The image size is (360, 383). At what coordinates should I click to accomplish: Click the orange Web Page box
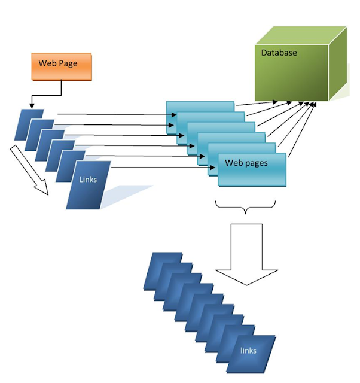click(x=61, y=67)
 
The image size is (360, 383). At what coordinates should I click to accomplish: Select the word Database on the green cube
click(x=279, y=53)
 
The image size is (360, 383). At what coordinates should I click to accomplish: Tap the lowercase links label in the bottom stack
click(x=248, y=351)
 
